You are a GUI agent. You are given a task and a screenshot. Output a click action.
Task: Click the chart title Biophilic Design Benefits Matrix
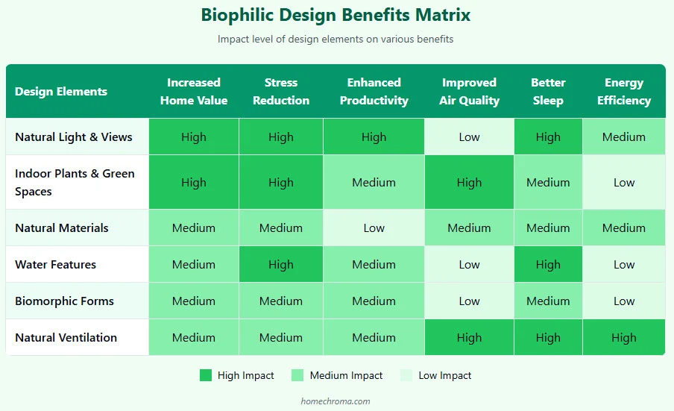336,16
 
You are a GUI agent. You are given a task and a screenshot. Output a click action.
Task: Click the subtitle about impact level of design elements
336,39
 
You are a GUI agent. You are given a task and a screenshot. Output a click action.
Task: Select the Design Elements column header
61,92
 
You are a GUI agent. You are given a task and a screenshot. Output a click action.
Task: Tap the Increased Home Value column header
193,92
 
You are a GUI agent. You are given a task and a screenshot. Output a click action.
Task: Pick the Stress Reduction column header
280,92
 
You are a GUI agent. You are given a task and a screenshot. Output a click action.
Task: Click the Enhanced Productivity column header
374,92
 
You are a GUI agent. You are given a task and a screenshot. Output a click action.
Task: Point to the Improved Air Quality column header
469,92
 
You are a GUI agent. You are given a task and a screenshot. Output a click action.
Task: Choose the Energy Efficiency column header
623,92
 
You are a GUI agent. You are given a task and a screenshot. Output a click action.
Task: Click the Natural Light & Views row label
74,137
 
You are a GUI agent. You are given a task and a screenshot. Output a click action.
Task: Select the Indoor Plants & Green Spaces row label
75,183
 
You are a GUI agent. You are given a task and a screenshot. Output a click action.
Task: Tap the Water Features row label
55,265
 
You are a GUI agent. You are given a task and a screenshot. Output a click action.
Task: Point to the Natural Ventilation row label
66,338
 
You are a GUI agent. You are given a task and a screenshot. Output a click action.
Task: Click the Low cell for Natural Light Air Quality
469,137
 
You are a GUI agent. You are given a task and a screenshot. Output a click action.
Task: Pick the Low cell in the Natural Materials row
374,228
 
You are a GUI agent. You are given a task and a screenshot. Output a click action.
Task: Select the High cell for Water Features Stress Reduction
280,265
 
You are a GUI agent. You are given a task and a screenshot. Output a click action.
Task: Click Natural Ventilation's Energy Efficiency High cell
623,338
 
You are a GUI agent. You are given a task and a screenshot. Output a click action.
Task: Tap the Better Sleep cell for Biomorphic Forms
548,301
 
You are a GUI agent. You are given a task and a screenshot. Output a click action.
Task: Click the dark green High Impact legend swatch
206,376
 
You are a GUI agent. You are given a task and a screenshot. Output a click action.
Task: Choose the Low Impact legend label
444,376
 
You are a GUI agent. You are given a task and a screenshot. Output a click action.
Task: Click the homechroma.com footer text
336,401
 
